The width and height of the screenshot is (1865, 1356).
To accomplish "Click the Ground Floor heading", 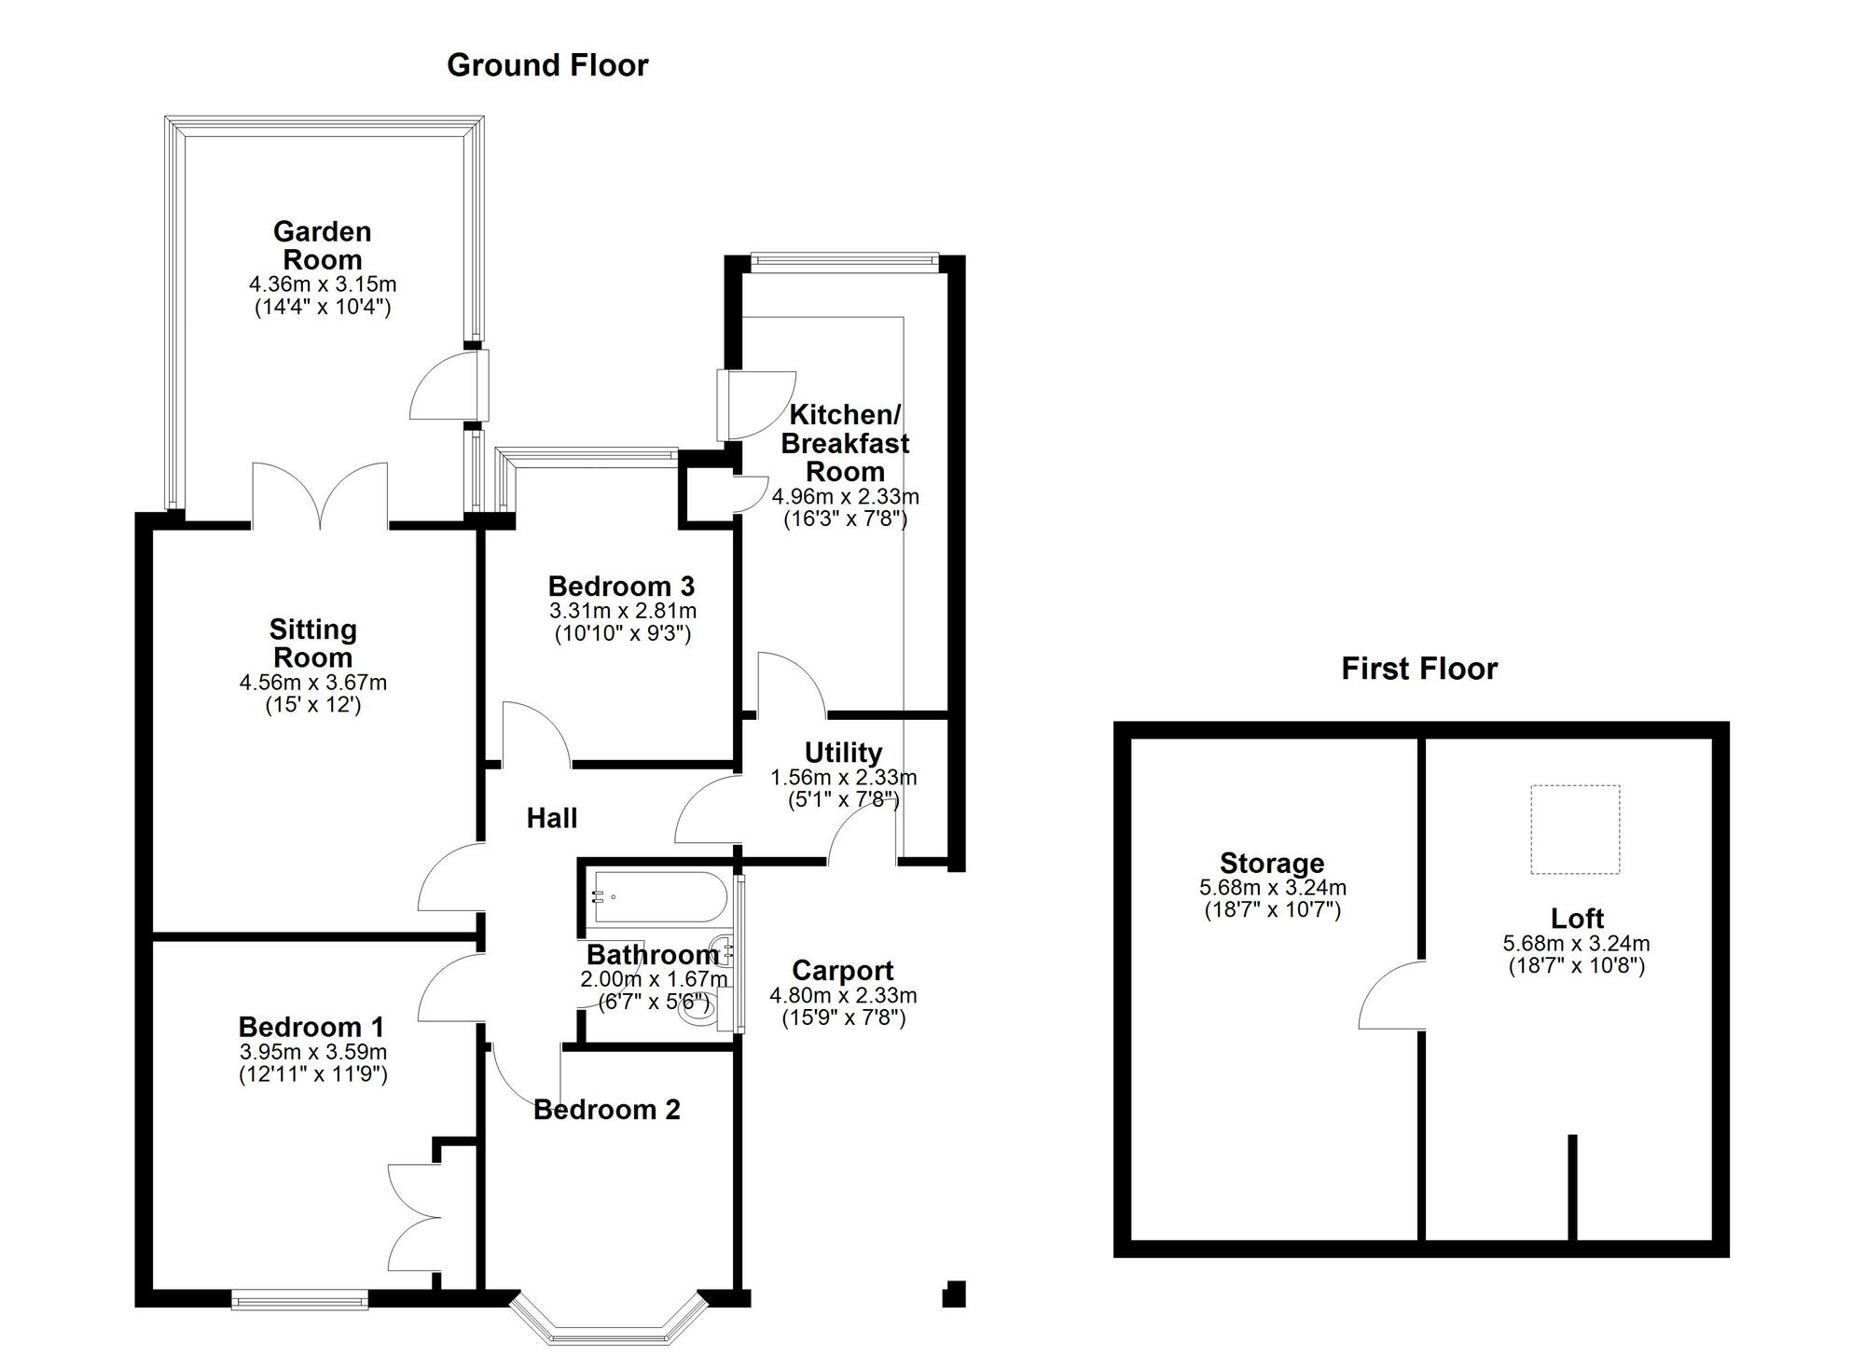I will pyautogui.click(x=547, y=65).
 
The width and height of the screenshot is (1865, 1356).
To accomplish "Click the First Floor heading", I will pyautogui.click(x=1418, y=669).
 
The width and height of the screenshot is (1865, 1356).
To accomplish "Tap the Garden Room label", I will pyautogui.click(x=322, y=245).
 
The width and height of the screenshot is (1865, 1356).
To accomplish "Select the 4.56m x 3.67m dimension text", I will pyautogui.click(x=313, y=683).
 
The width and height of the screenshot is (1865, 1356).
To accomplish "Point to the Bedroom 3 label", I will pyautogui.click(x=621, y=587).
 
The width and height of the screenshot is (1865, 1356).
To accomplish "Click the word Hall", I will pyautogui.click(x=552, y=819).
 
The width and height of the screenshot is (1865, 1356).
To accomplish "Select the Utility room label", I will pyautogui.click(x=843, y=753).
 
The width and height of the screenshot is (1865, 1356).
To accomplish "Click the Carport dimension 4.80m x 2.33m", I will pyautogui.click(x=843, y=996).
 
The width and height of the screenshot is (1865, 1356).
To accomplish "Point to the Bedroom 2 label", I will pyautogui.click(x=607, y=1110).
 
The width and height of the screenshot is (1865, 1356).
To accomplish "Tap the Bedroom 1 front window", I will pyautogui.click(x=300, y=1299).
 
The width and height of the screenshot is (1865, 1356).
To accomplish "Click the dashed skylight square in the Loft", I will pyautogui.click(x=1575, y=829).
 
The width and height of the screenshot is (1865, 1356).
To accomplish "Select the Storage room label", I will pyautogui.click(x=1272, y=864).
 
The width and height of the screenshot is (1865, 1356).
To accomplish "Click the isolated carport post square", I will pyautogui.click(x=953, y=1294).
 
